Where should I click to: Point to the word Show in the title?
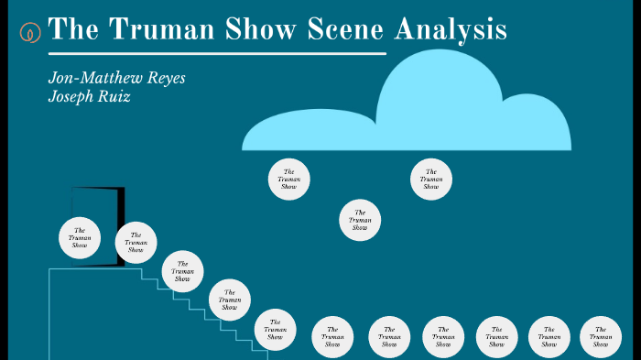[x=259, y=29]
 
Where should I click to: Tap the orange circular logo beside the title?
[x=30, y=32]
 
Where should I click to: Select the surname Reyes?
[x=167, y=78]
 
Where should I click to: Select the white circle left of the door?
[x=80, y=237]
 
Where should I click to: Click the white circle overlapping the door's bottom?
[x=136, y=243]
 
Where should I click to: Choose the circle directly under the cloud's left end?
[x=288, y=179]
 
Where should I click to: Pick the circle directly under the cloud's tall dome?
[x=431, y=179]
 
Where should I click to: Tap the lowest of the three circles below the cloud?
[x=360, y=220]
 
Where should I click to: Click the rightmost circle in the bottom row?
[x=601, y=337]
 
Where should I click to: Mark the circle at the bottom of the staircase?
[x=275, y=330]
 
